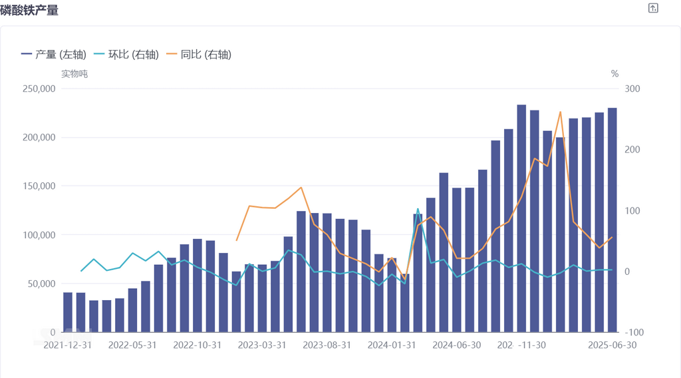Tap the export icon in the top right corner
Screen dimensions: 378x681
pos(653,8)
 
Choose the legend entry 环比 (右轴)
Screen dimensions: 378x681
pos(126,55)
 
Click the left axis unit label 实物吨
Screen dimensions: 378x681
pos(74,74)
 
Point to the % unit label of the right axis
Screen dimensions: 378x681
pos(614,74)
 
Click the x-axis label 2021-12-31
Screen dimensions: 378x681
pos(68,345)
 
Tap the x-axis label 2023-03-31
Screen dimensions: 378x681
pos(262,345)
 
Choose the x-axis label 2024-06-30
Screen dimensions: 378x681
pos(456,345)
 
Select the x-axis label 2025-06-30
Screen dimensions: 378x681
pos(611,345)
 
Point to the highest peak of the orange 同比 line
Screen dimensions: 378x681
pos(560,112)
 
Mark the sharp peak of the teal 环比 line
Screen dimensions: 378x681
pos(418,209)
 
